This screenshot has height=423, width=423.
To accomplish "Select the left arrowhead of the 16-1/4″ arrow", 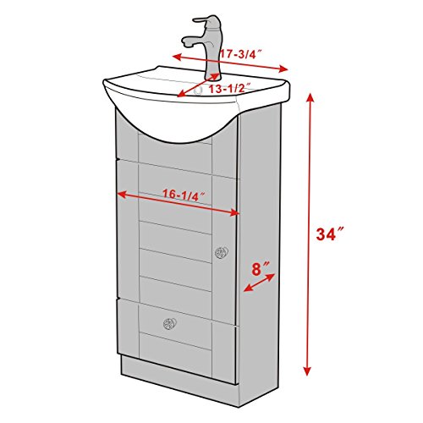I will [119, 194].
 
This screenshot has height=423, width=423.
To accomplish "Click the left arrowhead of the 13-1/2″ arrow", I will [180, 97].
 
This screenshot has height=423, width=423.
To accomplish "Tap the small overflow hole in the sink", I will [198, 88].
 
